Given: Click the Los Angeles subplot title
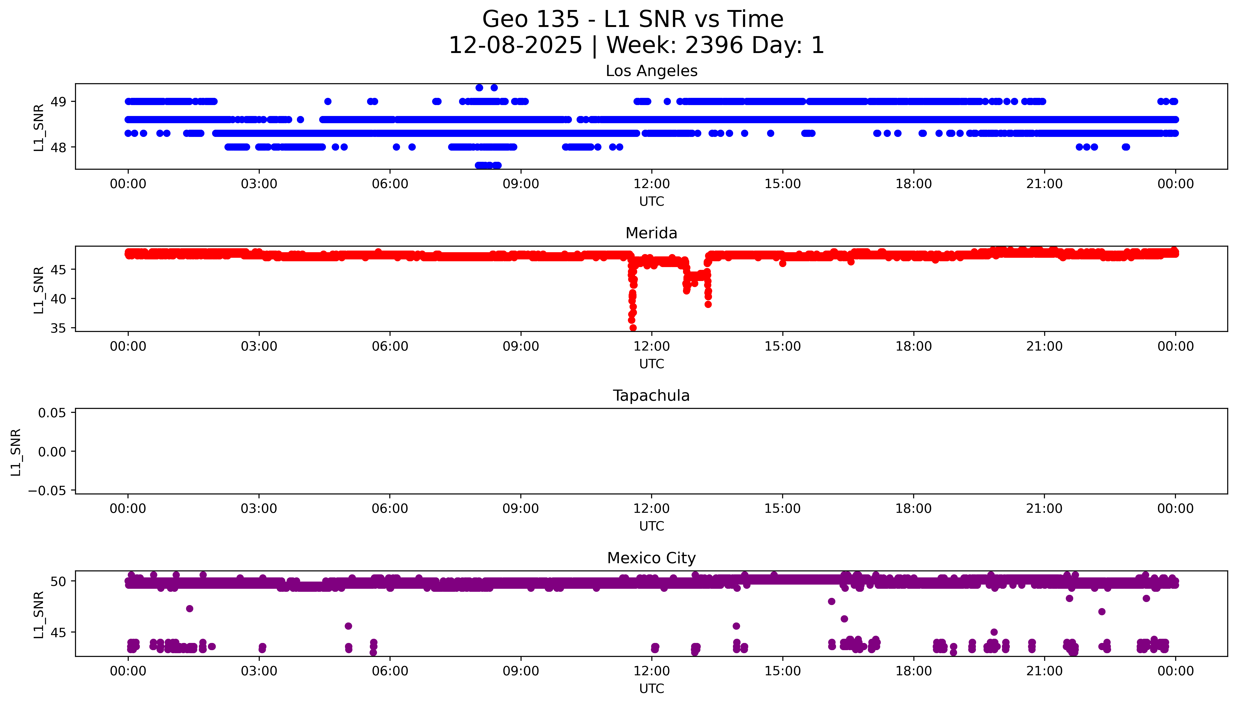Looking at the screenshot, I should pyautogui.click(x=651, y=71).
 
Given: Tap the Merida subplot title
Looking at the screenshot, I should pyautogui.click(x=651, y=233).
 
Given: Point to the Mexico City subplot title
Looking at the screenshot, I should pyautogui.click(x=651, y=558).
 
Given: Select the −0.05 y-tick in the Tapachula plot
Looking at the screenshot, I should pyautogui.click(x=47, y=491).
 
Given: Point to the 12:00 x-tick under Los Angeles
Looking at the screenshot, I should pyautogui.click(x=651, y=184).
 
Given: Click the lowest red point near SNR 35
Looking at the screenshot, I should pyautogui.click(x=633, y=328).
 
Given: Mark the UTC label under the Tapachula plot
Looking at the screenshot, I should pyautogui.click(x=651, y=526).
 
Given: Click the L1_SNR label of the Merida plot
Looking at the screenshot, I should pyautogui.click(x=39, y=290).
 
